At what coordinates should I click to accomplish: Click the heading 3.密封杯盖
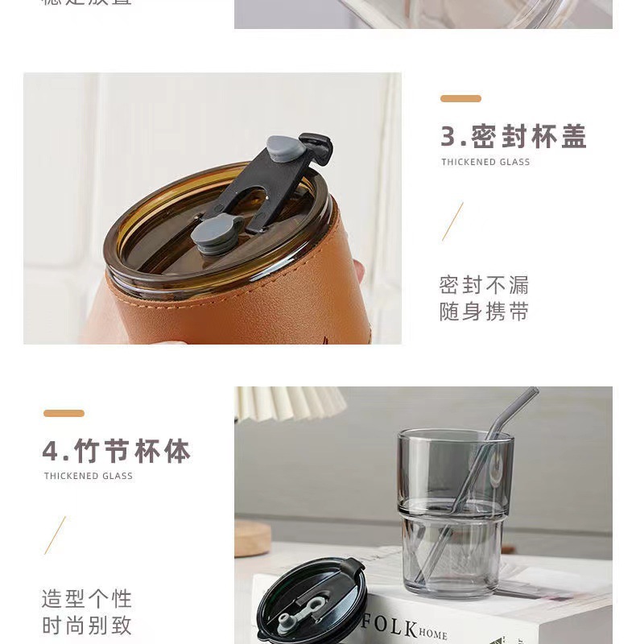[513, 137]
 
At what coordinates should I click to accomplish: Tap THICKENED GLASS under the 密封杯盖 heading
[485, 163]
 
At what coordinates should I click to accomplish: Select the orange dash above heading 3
[460, 99]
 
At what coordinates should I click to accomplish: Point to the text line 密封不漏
[484, 285]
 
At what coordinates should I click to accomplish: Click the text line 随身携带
[484, 312]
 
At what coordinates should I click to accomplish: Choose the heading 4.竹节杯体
[117, 451]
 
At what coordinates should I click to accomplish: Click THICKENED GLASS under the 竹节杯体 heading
[89, 477]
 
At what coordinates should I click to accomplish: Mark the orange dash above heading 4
[64, 414]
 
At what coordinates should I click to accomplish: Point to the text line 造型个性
[86, 599]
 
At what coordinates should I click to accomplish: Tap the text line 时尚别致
[86, 625]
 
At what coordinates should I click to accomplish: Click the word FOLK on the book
[389, 625]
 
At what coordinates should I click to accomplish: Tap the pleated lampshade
[290, 402]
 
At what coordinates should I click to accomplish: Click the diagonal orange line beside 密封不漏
[452, 222]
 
